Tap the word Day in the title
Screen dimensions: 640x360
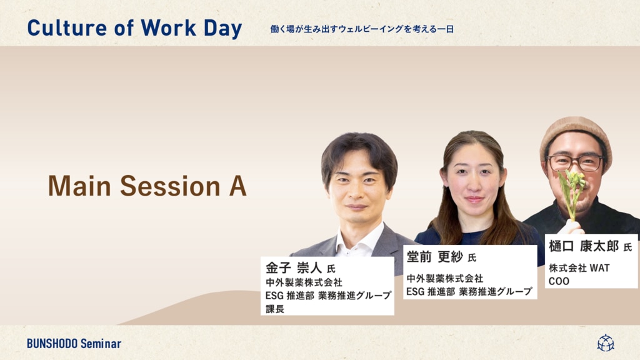223,29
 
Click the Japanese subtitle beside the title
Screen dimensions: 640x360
362,29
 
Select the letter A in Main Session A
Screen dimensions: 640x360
237,186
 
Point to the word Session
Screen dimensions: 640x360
170,186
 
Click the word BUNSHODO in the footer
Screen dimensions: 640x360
52,344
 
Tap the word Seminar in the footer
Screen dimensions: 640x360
101,344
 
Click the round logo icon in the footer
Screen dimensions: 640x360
606,343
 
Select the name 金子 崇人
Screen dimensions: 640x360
294,267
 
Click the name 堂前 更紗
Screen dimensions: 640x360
435,257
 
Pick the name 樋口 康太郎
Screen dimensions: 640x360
584,246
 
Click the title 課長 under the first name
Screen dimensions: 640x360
275,309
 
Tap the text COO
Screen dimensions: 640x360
559,281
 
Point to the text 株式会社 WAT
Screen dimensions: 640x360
579,268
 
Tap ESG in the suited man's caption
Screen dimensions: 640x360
274,296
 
